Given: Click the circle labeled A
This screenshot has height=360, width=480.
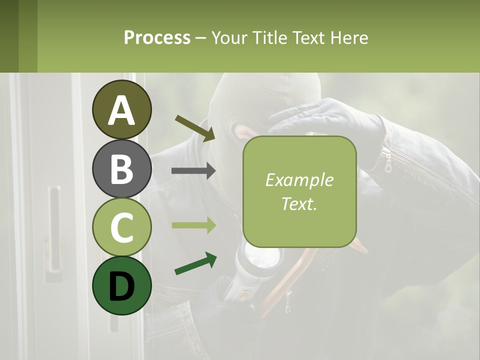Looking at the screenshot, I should tap(122, 109).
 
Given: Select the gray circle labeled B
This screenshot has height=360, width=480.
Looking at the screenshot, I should tap(122, 168).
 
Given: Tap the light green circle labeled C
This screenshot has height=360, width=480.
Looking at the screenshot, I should tap(122, 227).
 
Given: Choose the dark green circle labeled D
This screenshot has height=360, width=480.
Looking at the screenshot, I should tap(122, 285).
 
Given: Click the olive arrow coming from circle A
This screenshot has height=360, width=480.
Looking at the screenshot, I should tap(195, 127).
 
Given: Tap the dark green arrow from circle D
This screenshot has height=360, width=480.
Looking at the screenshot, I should tap(195, 263).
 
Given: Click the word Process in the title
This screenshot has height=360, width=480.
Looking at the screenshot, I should tap(157, 37).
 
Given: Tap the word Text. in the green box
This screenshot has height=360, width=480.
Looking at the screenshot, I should tap(299, 203).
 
